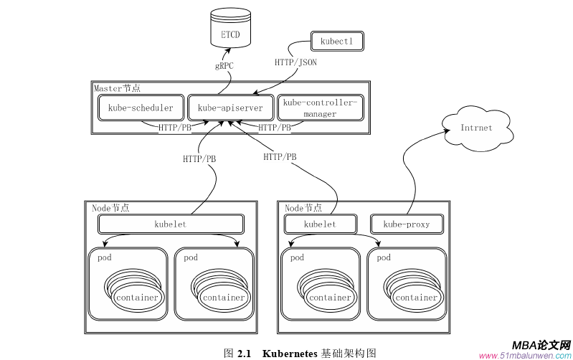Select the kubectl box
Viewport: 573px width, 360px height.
[336, 42]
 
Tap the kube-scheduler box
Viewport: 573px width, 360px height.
[141, 108]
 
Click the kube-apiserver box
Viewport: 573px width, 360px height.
[230, 108]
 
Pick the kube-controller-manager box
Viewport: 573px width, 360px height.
[320, 108]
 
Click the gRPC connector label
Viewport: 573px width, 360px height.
[224, 66]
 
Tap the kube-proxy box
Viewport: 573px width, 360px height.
[407, 224]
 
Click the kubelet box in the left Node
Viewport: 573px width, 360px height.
[170, 224]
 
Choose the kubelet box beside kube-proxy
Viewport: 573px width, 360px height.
[320, 224]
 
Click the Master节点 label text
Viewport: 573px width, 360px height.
[118, 88]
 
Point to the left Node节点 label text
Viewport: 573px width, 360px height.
[111, 208]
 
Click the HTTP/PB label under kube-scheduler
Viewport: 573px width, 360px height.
[175, 128]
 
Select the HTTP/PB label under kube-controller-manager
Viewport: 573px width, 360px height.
[275, 128]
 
